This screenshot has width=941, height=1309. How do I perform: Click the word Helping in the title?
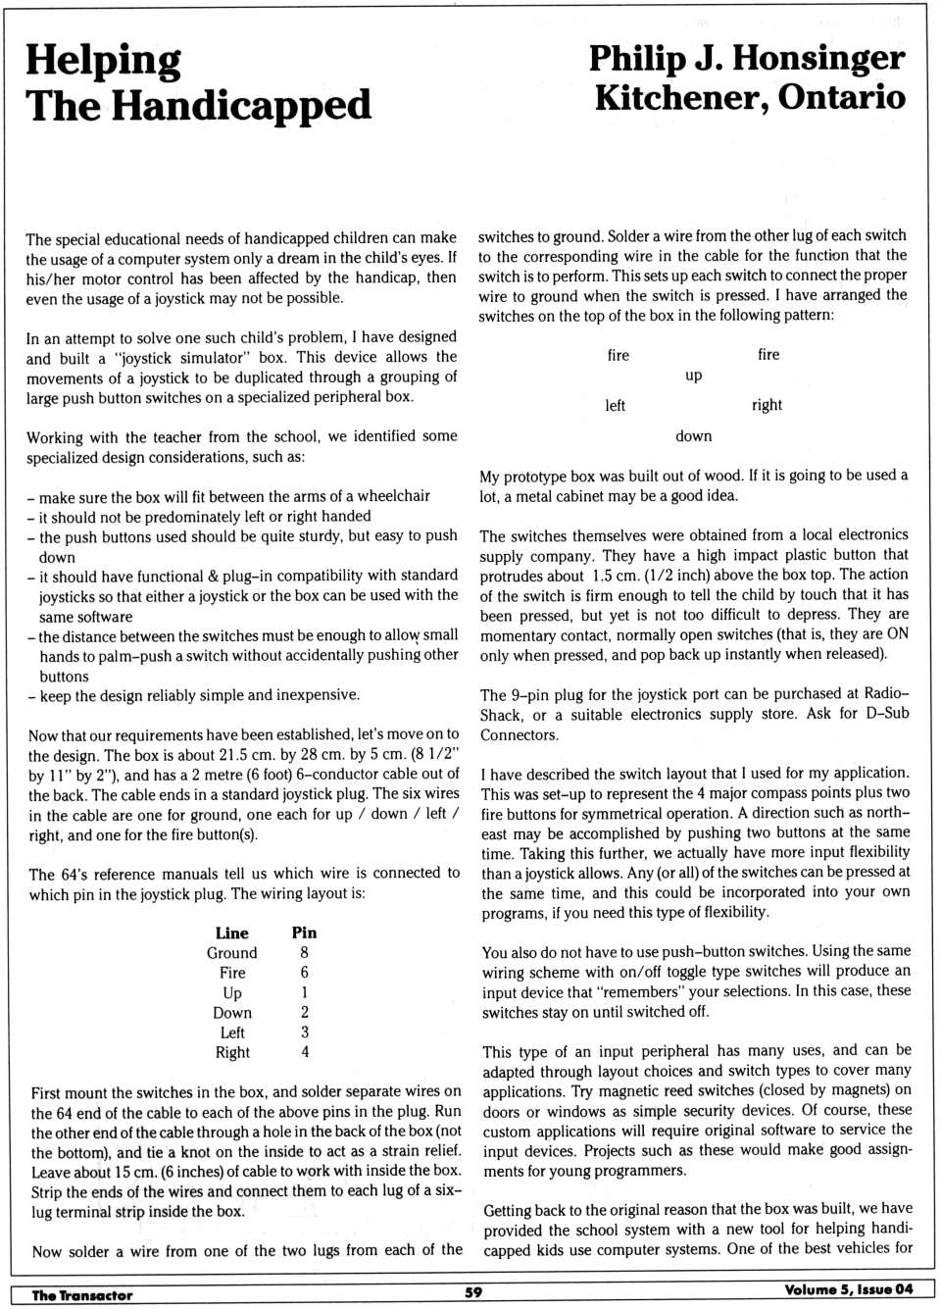[103, 61]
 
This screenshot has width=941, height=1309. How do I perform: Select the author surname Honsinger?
[818, 59]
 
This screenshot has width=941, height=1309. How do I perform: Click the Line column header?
[232, 932]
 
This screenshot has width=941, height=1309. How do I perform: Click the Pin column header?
[304, 932]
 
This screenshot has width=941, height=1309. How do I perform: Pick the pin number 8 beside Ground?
[304, 952]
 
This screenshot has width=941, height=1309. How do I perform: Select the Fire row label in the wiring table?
[232, 973]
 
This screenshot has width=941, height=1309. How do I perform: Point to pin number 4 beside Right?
[305, 1052]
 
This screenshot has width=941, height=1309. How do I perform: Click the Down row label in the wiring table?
[232, 1013]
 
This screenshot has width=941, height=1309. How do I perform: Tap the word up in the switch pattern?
[694, 376]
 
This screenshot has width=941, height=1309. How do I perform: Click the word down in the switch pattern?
[694, 436]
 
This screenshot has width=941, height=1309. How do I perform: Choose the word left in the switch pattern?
[615, 406]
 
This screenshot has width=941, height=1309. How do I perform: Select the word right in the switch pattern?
[767, 405]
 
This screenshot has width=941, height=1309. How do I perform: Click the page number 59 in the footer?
[473, 1292]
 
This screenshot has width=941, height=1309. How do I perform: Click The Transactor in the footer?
[81, 1294]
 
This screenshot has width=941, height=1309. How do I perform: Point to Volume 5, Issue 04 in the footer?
[848, 1290]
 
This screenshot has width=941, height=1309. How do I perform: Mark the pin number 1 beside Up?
[304, 992]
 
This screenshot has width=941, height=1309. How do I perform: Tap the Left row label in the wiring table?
[232, 1032]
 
